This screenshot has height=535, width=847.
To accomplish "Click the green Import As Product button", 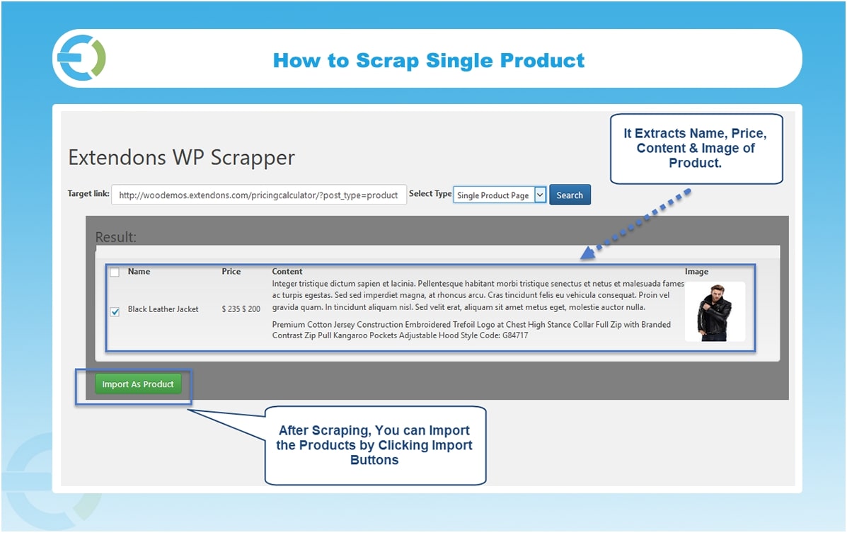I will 138,384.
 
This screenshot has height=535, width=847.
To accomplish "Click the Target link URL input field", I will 258,195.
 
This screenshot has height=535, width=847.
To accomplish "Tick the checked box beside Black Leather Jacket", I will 115,311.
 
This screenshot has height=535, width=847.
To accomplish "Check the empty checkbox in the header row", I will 115,272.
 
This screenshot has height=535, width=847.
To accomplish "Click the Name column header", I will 139,272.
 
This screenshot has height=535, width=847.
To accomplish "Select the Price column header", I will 231,272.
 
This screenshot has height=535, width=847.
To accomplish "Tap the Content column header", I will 287,272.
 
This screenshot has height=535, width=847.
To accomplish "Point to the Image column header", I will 696,272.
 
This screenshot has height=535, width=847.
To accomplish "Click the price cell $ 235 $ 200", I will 241,309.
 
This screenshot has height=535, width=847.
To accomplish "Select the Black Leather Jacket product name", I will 163,309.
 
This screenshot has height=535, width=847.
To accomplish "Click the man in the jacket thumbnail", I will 715,312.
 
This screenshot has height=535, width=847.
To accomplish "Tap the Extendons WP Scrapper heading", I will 181,158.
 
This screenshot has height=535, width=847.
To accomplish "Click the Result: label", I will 115,237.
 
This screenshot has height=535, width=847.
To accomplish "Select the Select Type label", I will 430,194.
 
